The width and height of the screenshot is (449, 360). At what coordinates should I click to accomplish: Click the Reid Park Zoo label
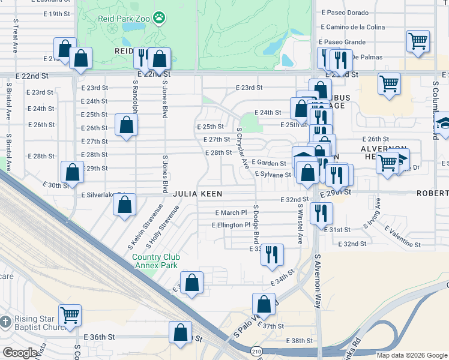(x=123, y=18)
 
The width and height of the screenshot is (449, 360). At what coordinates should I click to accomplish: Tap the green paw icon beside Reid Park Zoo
(x=159, y=18)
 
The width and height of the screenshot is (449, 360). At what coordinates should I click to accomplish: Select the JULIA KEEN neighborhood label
(x=198, y=194)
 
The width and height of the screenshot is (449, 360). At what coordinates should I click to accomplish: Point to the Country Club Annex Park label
(x=154, y=261)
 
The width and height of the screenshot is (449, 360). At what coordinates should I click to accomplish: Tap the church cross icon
(x=5, y=323)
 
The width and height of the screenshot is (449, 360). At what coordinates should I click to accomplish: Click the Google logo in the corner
(x=20, y=353)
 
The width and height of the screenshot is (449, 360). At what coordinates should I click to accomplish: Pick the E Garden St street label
(x=268, y=163)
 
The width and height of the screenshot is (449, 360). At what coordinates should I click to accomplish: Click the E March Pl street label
(x=231, y=212)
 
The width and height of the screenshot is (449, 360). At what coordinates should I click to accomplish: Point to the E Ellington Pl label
(x=231, y=225)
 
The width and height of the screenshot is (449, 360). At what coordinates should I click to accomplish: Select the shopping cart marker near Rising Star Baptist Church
(x=70, y=314)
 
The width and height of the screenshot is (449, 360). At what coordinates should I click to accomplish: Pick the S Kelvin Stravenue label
(x=137, y=227)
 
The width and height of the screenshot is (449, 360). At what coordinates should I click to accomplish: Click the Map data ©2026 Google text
(x=411, y=355)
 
